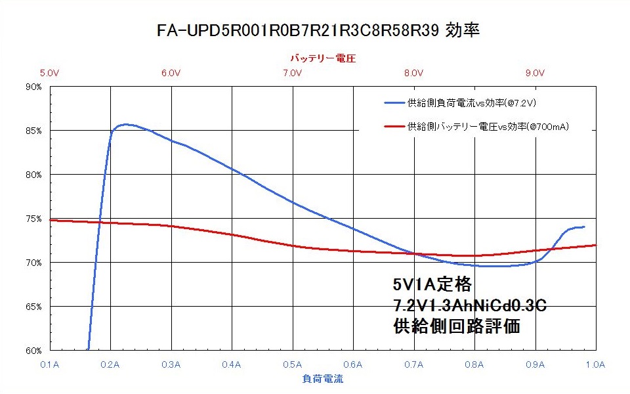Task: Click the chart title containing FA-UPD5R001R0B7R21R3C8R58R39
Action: tap(318, 31)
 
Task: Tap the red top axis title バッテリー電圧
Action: tap(323, 58)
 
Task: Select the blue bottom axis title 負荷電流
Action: tap(323, 379)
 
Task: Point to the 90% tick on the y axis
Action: tap(33, 87)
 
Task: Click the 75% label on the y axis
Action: tap(33, 219)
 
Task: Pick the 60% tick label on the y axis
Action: tap(33, 351)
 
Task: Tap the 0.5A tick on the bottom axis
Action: tap(293, 364)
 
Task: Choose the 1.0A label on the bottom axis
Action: tap(595, 364)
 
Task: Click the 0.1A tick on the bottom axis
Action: tap(50, 364)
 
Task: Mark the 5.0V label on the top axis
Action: tap(50, 73)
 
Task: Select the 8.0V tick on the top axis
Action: tap(414, 73)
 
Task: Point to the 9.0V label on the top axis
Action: tap(535, 73)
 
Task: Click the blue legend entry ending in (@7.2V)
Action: tap(461, 103)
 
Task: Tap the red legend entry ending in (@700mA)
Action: tap(476, 127)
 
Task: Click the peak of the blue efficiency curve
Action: tap(126, 125)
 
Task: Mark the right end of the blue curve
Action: tap(584, 227)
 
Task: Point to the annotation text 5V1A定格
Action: tap(432, 284)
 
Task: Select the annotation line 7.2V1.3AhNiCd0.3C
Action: tap(470, 305)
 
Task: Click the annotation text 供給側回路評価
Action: tap(457, 326)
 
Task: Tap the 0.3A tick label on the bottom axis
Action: tap(171, 364)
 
